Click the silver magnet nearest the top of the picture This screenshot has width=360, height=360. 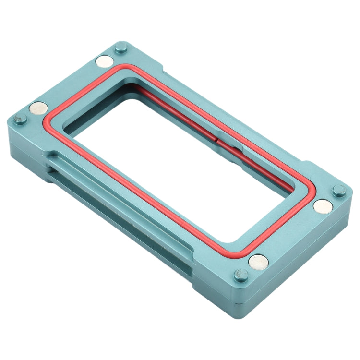click(104, 61)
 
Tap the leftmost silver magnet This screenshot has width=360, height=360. click(38, 108)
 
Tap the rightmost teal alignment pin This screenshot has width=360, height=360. click(339, 190)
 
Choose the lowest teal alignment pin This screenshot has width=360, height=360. click(240, 276)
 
